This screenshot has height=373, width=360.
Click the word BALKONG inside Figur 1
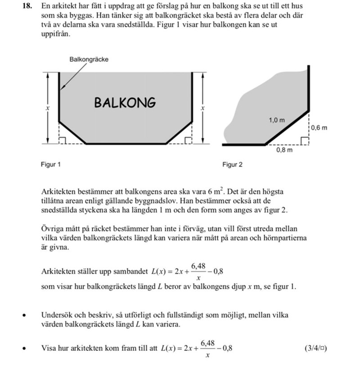click(125, 103)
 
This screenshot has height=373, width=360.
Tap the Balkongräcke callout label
click(89, 59)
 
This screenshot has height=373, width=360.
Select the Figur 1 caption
click(50, 164)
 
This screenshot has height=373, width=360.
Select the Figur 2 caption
click(232, 164)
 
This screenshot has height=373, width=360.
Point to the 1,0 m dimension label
click(277, 120)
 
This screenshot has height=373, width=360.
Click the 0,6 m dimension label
click(319, 128)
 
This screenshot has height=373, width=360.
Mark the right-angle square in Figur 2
click(305, 141)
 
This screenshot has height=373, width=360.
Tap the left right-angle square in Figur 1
click(63, 141)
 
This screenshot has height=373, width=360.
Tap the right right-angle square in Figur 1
click(188, 141)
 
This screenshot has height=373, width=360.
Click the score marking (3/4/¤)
click(315, 348)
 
